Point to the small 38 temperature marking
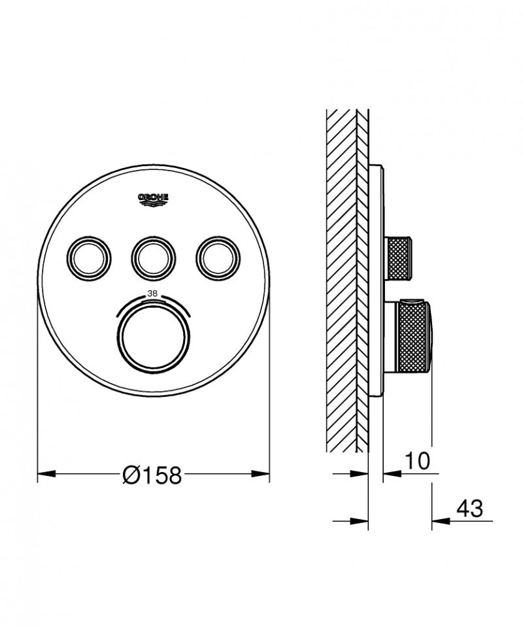point(152,294)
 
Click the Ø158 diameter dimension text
point(152,476)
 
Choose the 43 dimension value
point(468,508)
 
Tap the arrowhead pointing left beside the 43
point(439,521)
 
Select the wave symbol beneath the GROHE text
point(152,205)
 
